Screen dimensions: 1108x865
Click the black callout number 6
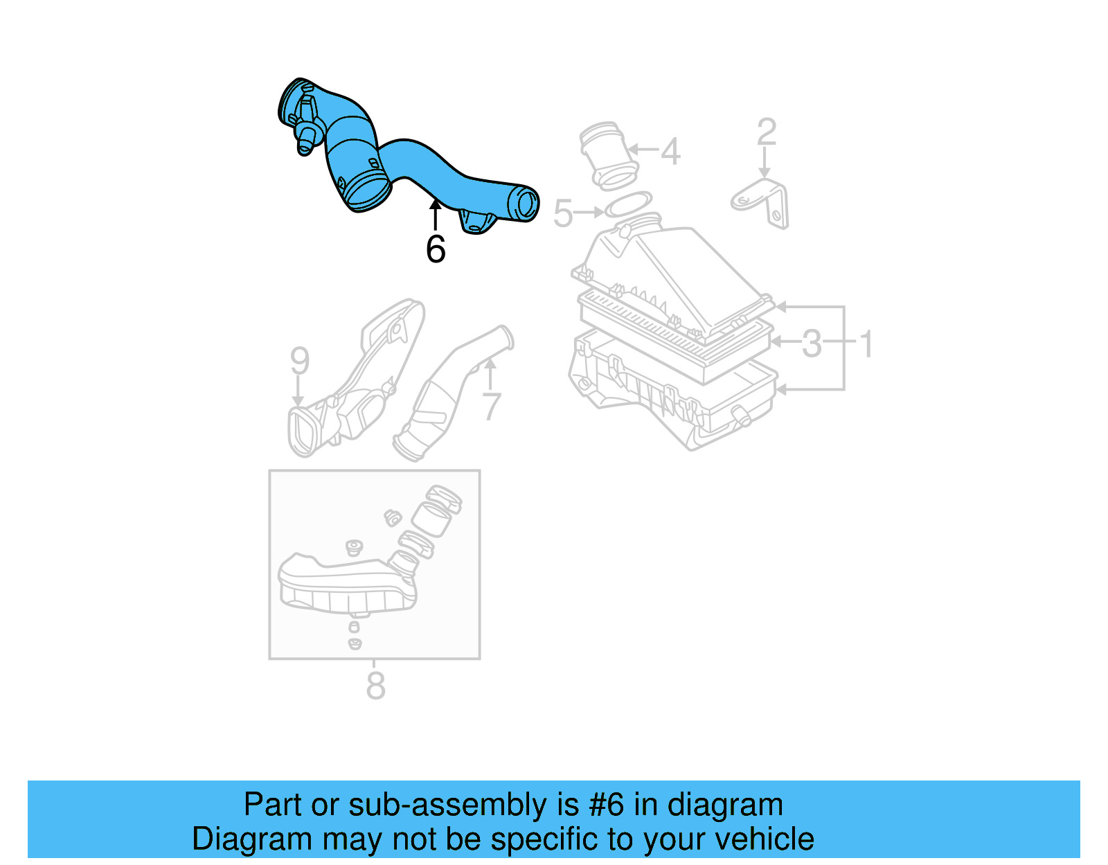[436, 249]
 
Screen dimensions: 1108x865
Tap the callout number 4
[670, 151]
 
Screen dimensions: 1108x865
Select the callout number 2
[767, 132]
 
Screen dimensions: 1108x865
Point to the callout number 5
[563, 213]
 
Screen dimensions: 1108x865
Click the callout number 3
[812, 343]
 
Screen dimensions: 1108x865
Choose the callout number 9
[299, 360]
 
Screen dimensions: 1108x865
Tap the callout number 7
[491, 406]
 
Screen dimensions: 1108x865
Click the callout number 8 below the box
[375, 686]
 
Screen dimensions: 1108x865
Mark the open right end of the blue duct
[524, 204]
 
